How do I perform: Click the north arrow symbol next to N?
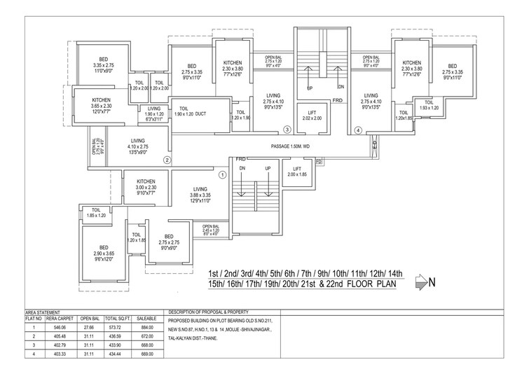(x=420, y=282)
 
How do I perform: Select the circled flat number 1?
(x=222, y=174)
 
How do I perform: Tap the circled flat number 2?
(x=167, y=160)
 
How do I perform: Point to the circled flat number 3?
(x=287, y=130)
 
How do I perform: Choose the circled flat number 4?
(x=357, y=130)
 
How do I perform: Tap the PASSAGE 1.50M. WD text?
(x=301, y=146)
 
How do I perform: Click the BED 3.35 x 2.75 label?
(x=103, y=64)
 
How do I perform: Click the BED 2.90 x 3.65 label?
(x=104, y=252)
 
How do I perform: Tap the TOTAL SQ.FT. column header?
(x=116, y=317)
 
